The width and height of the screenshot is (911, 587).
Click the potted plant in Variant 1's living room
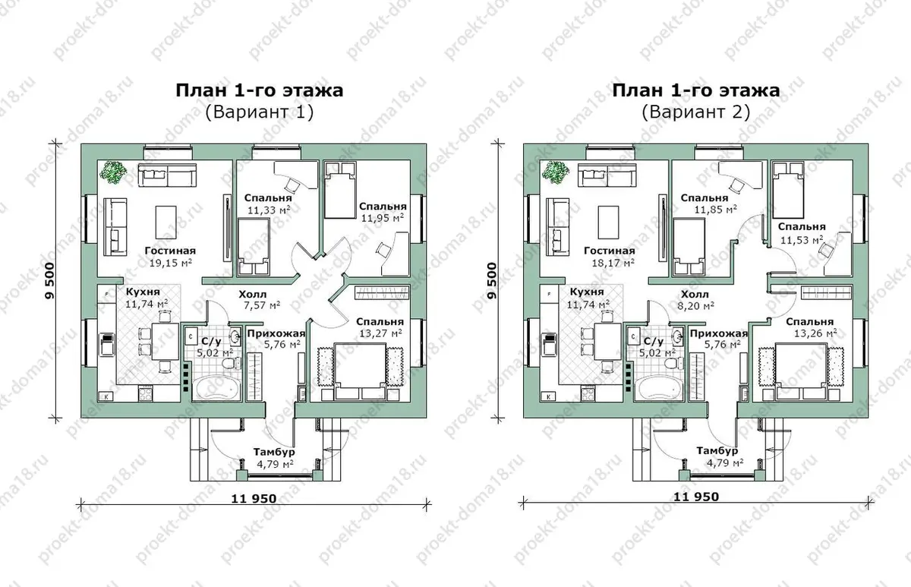[x=113, y=172]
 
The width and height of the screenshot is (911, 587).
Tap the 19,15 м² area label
[x=170, y=263]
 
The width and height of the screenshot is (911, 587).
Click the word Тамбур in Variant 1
[x=274, y=452]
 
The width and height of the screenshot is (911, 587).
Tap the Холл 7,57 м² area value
[x=262, y=305]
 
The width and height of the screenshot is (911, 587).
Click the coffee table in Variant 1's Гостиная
[x=166, y=222]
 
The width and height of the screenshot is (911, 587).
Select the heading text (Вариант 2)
[x=696, y=112]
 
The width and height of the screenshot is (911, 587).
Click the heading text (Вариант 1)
[x=260, y=112]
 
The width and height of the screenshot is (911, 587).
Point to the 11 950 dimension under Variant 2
[x=696, y=497]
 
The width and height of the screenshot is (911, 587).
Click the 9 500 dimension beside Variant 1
[x=49, y=281]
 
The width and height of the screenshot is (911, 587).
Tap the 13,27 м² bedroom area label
[x=380, y=333]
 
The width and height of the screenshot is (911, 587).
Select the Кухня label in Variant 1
[x=143, y=292]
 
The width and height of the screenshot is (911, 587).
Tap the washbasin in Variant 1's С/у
[x=235, y=336]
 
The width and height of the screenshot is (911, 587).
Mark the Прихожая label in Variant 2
[x=719, y=334]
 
